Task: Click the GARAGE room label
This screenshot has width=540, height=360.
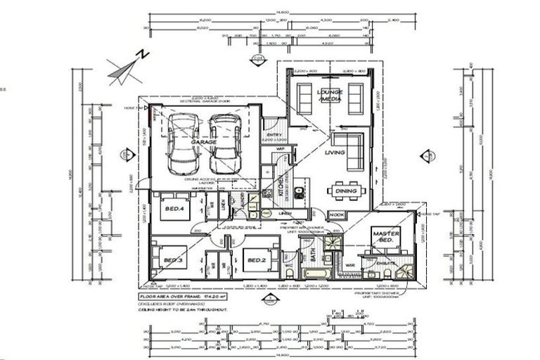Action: click(203, 141)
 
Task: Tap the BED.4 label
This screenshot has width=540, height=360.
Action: click(174, 208)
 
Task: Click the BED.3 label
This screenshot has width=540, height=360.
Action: click(173, 261)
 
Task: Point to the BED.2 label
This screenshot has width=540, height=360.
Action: click(256, 261)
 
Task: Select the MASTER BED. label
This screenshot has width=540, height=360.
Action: click(386, 237)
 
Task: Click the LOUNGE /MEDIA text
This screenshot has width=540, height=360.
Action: click(329, 96)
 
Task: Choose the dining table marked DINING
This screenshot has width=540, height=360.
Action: click(345, 191)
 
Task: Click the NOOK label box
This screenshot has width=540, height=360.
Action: click(337, 214)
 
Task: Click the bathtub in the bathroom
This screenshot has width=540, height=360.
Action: click(312, 272)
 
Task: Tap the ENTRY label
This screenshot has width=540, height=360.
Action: click(274, 136)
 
